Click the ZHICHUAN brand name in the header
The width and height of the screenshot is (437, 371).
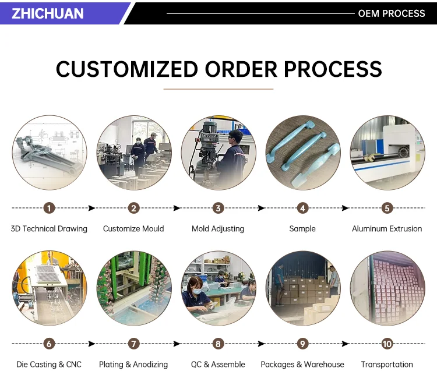[x=48, y=13]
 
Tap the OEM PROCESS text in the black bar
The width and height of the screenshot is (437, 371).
[x=392, y=13]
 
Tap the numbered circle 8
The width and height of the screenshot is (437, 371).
[x=218, y=344]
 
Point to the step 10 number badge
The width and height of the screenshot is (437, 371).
[x=387, y=344]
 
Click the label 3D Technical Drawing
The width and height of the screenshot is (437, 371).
[x=49, y=229]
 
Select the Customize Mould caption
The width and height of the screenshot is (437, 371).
[x=133, y=229]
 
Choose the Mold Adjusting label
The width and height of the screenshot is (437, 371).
[x=218, y=229]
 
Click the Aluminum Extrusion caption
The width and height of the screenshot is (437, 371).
[x=387, y=229]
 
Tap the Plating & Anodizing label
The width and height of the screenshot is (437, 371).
[x=133, y=365]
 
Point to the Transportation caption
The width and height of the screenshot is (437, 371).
[x=387, y=365]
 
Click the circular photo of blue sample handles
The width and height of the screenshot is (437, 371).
[x=303, y=153]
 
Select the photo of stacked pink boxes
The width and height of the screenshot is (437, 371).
[x=387, y=288]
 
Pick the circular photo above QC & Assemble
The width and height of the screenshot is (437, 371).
[x=218, y=288]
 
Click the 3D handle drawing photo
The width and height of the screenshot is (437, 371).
[x=50, y=153]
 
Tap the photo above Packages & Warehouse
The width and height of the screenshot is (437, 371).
[x=303, y=288]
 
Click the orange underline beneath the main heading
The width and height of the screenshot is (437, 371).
[x=218, y=89]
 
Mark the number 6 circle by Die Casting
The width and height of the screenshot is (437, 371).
[x=50, y=344]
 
